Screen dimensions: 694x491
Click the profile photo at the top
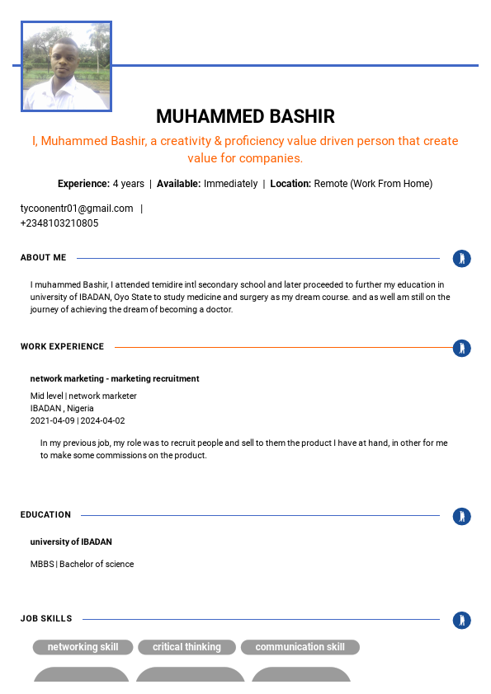coord(66,67)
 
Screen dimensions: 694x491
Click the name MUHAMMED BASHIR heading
coord(245,116)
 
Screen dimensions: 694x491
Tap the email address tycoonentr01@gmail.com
coord(77,209)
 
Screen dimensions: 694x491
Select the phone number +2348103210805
coord(59,223)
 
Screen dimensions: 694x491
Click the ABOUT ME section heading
coord(44,258)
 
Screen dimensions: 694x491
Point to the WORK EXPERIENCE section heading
coord(63,347)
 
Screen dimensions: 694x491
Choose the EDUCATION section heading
coord(46,515)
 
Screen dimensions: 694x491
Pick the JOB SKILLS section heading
coord(46,619)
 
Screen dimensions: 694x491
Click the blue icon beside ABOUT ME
coord(462,259)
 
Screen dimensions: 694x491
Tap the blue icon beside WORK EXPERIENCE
coord(462,348)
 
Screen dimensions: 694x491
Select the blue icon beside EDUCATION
coord(462,516)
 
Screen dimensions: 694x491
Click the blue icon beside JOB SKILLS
coord(462,620)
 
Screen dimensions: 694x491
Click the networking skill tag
coord(83,648)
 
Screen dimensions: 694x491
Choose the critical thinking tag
coord(186,648)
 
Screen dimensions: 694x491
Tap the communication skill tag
coord(300,648)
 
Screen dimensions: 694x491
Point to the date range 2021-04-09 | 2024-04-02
coord(78,421)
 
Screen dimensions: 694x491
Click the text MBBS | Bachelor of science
coord(82,565)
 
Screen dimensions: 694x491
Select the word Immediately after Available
coord(230,184)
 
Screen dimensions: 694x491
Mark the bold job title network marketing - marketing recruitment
coord(115,379)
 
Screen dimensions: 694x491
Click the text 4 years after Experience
coord(129,184)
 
